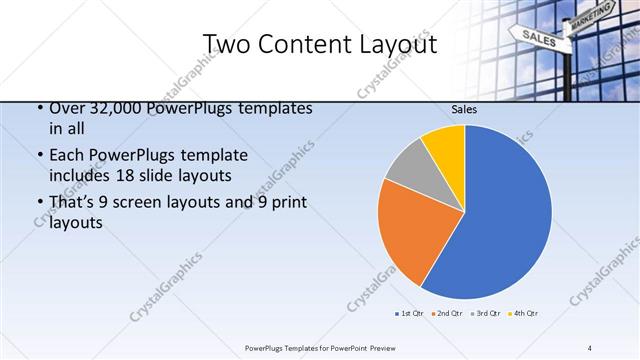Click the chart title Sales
coord(464,109)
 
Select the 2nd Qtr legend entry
coord(448,314)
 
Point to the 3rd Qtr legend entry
coord(486,314)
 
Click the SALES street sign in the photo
coord(538,38)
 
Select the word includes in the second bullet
coord(79,177)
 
